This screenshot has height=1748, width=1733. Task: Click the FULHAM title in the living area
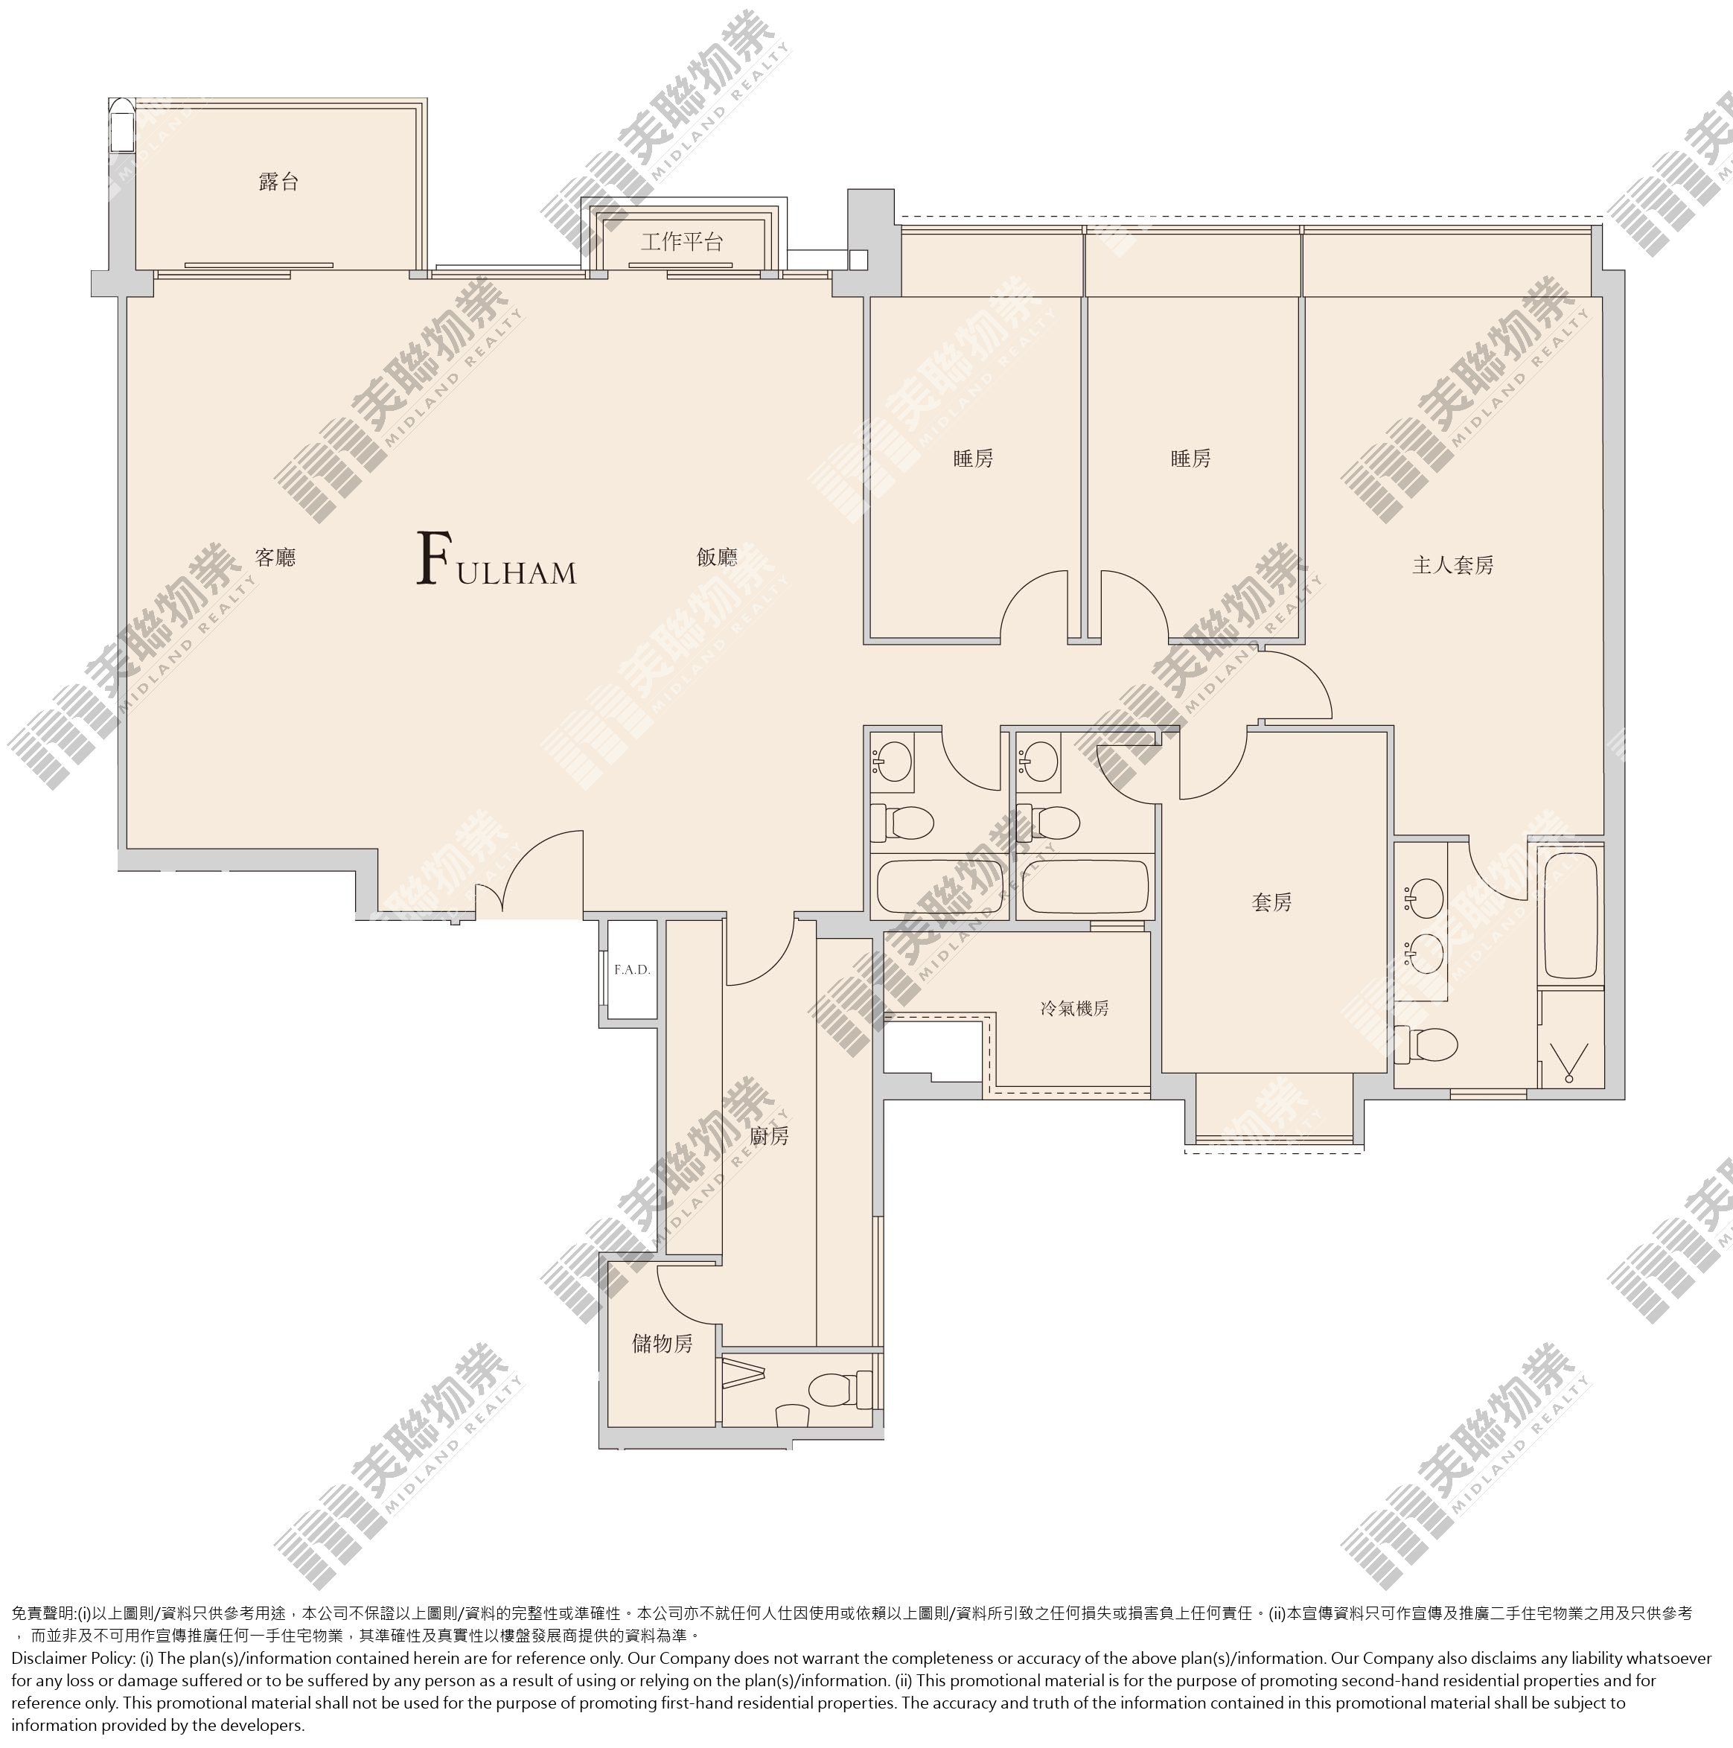click(497, 560)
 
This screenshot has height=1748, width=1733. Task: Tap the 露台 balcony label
click(278, 182)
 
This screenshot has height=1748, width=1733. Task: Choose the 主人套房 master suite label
click(1452, 566)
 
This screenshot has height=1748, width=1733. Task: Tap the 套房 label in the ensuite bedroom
click(1271, 902)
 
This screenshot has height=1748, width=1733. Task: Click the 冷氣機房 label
click(1074, 1008)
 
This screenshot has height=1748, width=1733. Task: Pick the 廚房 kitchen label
click(769, 1136)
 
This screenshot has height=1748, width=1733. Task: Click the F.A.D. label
click(632, 970)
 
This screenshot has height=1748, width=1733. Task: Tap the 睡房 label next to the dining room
click(973, 459)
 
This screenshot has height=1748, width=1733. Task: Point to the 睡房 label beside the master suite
click(1190, 459)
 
